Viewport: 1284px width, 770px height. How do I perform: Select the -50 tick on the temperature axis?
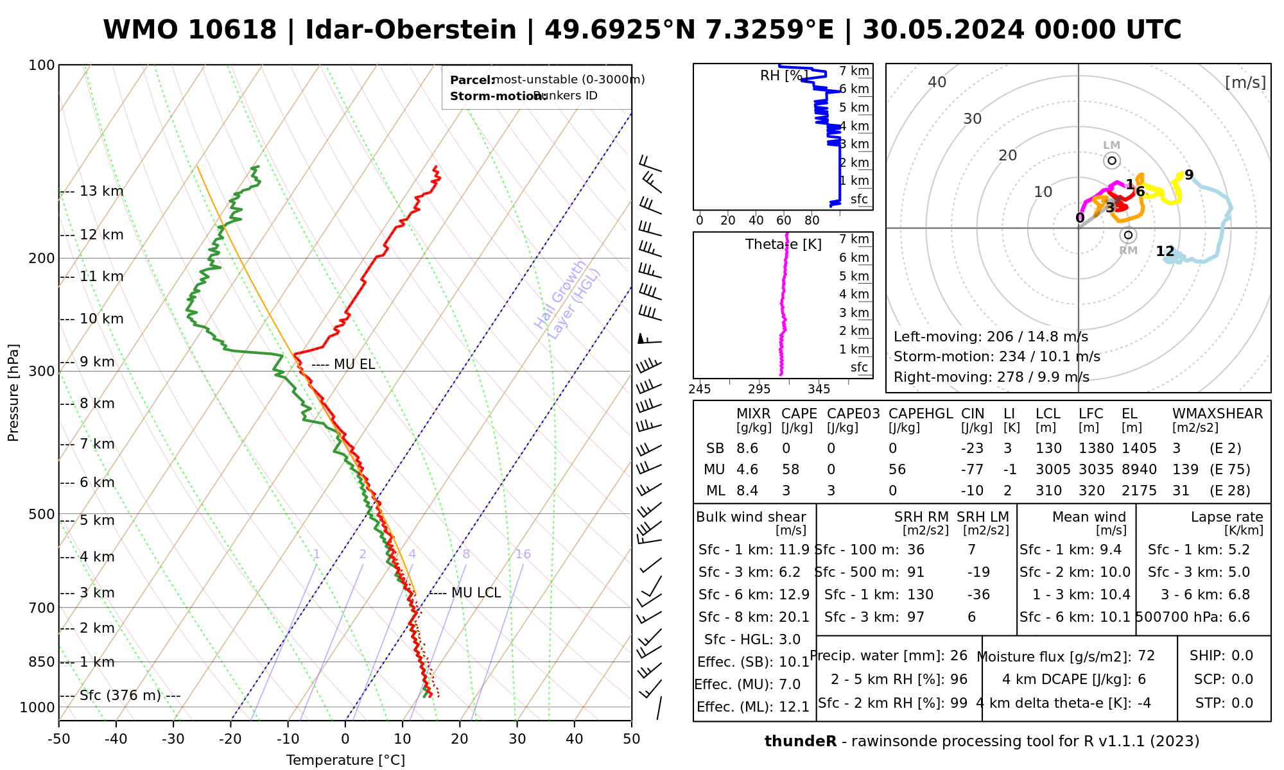[x=58, y=739]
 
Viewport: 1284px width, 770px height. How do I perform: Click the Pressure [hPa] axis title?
[x=13, y=393]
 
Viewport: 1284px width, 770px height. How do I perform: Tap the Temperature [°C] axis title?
[x=345, y=760]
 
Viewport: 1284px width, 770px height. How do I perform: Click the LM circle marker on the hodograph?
[x=1112, y=160]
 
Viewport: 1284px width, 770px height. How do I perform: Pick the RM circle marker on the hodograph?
[x=1129, y=235]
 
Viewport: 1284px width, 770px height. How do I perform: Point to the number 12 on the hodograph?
[x=1165, y=252]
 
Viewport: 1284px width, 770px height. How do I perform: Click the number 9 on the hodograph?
[x=1189, y=175]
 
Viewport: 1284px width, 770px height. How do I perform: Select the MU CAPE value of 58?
[x=790, y=470]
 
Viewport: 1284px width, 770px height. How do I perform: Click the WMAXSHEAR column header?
[x=1217, y=414]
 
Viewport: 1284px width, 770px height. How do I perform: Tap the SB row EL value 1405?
[x=1139, y=449]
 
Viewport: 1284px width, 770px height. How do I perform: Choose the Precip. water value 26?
[x=959, y=656]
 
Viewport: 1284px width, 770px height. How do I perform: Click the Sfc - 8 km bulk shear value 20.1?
[x=794, y=617]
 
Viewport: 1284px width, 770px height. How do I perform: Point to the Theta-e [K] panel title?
[x=783, y=244]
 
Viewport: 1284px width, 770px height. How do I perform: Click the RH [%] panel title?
[x=784, y=76]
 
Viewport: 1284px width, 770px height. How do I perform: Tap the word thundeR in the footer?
[x=801, y=742]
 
